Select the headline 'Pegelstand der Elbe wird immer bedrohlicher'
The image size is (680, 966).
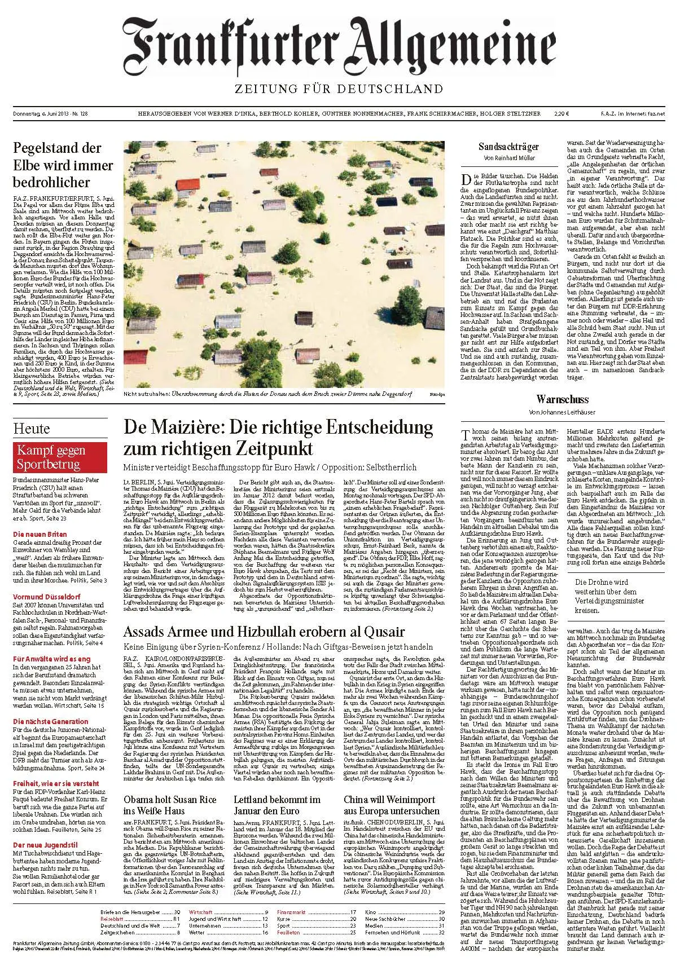[x=63, y=165]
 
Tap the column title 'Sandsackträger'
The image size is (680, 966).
[x=508, y=147]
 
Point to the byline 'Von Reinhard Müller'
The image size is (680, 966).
[x=508, y=158]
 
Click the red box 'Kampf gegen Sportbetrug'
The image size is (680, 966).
[x=59, y=457]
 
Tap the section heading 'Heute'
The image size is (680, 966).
[x=32, y=429]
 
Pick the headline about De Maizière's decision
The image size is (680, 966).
[x=278, y=437]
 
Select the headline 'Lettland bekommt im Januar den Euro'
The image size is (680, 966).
[x=277, y=806]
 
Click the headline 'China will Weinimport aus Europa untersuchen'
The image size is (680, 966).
[x=389, y=806]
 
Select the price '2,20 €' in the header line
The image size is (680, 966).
[x=561, y=113]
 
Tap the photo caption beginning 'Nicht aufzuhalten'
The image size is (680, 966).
[x=265, y=395]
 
